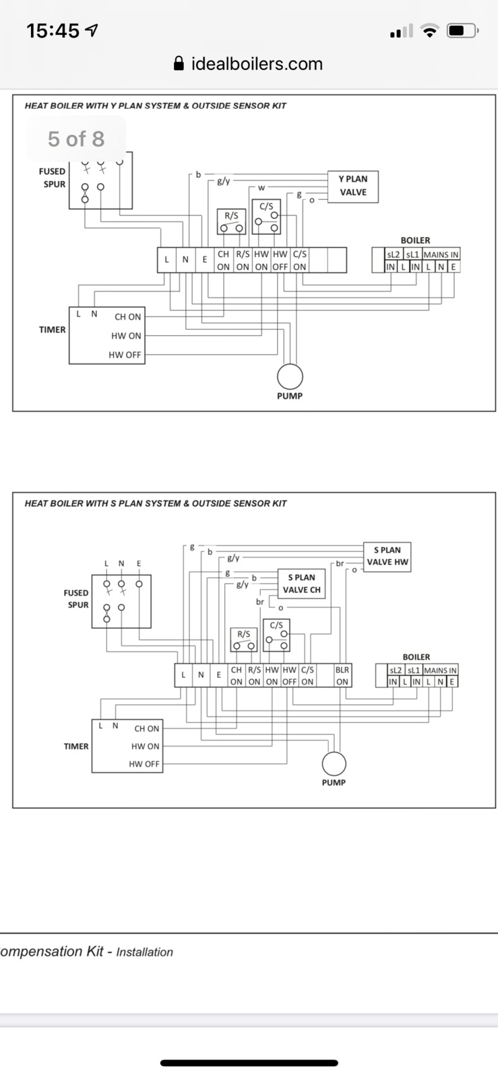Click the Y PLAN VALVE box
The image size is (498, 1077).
[x=352, y=186]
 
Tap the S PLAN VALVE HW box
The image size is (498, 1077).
[x=387, y=556]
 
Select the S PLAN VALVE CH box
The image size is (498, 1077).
[x=301, y=584]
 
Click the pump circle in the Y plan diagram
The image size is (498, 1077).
[x=290, y=376]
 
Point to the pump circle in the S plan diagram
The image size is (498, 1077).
[x=334, y=763]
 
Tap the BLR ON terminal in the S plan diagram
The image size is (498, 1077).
[x=342, y=676]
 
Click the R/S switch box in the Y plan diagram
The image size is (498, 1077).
[x=231, y=221]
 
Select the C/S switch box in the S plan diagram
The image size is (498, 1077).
[x=276, y=635]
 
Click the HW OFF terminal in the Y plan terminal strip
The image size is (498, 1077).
[x=280, y=260]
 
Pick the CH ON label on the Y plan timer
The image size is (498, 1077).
[x=127, y=316]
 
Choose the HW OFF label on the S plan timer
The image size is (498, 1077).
[x=144, y=764]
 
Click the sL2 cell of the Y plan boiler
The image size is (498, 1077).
[x=393, y=254]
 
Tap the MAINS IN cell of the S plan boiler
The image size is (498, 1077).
[x=440, y=670]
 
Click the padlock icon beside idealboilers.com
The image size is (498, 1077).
[x=179, y=64]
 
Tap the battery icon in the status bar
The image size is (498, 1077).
[x=463, y=30]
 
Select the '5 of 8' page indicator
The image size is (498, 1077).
[x=76, y=139]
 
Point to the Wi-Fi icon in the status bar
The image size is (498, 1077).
[x=429, y=30]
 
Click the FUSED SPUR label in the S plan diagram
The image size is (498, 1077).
[x=76, y=598]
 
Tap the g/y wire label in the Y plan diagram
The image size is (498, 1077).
[x=223, y=181]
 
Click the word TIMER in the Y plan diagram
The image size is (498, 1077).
[x=52, y=330]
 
